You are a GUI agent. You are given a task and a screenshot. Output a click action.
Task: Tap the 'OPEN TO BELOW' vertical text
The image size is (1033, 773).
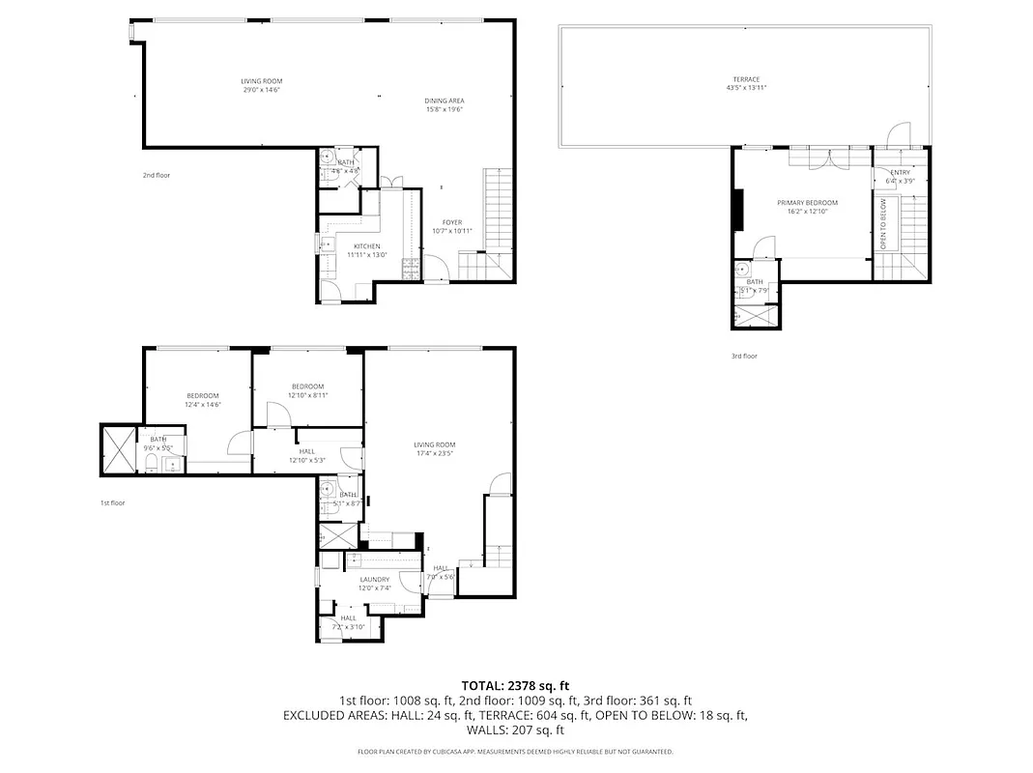[883, 224]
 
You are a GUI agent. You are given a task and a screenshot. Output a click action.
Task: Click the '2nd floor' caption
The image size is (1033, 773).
[157, 175]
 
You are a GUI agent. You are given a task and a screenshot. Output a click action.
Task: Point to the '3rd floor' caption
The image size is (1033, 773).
[744, 356]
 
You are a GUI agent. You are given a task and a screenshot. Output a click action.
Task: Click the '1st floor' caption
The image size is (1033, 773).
[113, 502]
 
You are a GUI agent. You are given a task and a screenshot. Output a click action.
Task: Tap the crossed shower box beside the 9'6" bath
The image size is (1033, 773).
[120, 450]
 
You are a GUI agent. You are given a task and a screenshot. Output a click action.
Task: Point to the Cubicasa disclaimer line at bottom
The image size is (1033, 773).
[515, 751]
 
